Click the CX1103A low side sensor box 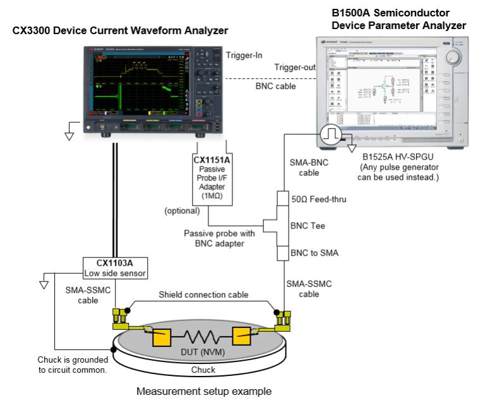(x=116, y=268)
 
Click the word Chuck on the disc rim (x=203, y=370)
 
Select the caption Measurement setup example (x=205, y=391)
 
